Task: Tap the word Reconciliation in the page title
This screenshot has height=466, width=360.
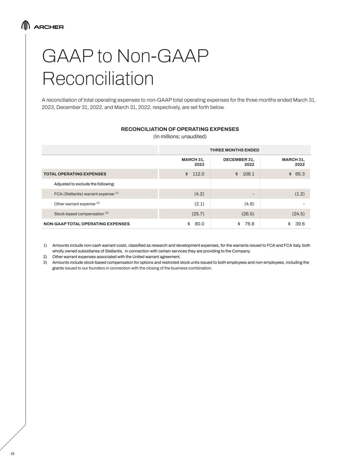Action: click(x=98, y=79)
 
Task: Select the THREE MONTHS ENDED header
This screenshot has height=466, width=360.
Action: click(x=234, y=150)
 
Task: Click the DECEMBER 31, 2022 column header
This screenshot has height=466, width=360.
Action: click(x=239, y=162)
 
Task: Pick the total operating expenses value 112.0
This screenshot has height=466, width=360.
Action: click(x=198, y=174)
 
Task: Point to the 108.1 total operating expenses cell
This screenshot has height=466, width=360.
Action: click(x=248, y=174)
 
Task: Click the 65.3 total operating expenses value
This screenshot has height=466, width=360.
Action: click(x=300, y=174)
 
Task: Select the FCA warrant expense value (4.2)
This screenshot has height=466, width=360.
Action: click(x=199, y=194)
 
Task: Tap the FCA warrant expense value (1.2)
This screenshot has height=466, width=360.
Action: click(x=300, y=194)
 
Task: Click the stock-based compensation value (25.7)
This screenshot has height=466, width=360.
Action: click(x=198, y=214)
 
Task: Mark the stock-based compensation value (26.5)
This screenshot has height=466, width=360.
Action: click(x=248, y=214)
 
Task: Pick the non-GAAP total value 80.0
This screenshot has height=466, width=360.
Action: click(x=199, y=224)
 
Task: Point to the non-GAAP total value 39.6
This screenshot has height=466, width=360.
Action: click(x=300, y=224)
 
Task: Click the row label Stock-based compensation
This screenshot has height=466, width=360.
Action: click(x=79, y=214)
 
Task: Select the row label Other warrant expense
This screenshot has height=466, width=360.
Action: click(x=75, y=204)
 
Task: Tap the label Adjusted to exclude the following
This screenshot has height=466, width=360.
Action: click(x=84, y=184)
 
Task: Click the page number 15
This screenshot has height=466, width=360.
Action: click(x=12, y=454)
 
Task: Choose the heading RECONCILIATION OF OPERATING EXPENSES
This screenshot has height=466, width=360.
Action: click(x=180, y=129)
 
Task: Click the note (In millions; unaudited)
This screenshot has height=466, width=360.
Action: click(x=180, y=137)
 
